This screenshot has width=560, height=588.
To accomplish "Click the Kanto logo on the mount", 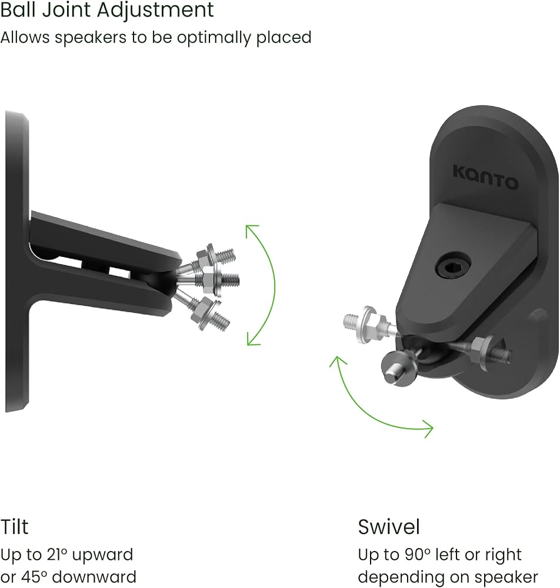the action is pos(485,178).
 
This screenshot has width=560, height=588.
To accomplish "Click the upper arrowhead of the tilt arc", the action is pos(251,230).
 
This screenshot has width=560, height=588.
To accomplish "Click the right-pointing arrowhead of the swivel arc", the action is pos(428,429).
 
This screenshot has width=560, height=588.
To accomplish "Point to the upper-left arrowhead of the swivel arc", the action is pos(336,362).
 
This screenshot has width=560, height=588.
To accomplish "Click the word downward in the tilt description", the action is pos(94,577).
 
